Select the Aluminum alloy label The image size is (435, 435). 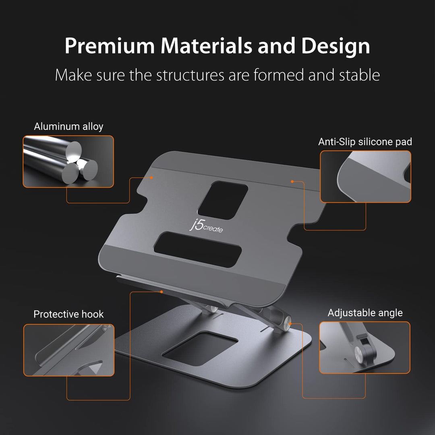[x=68, y=126]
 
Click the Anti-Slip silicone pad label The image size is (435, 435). [x=365, y=142]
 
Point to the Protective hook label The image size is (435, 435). [x=68, y=314]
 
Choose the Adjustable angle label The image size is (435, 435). [x=365, y=313]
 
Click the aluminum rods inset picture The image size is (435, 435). [x=68, y=162]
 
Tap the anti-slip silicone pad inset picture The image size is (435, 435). [x=365, y=176]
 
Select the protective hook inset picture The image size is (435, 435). [x=68, y=350]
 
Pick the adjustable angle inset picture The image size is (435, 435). [x=365, y=347]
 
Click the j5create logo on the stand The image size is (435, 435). [x=206, y=226]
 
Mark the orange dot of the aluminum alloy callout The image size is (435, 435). [x=152, y=177]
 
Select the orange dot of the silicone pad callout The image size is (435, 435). [x=292, y=182]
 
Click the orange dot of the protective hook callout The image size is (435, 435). [x=161, y=291]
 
